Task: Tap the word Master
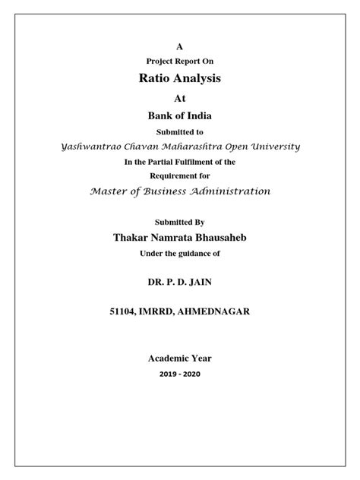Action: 111,191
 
